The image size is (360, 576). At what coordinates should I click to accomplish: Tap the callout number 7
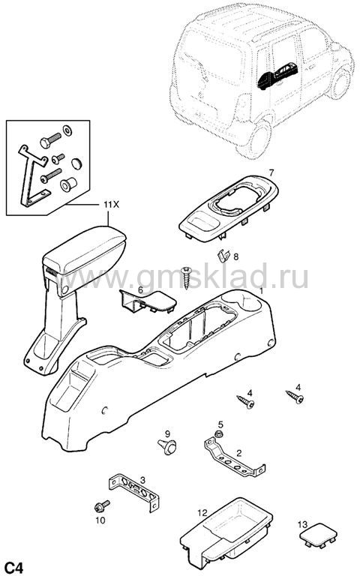pos(271,172)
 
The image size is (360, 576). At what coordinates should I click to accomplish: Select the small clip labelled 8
pos(223,255)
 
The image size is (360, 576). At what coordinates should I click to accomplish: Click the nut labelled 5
pos(217,434)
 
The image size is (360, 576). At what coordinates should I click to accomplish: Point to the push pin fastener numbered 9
pos(167,446)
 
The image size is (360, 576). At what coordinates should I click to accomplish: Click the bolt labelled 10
pos(101,506)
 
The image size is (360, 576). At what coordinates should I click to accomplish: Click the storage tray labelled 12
pos(226,532)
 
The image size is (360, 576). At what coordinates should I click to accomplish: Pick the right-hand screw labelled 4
pos(295,397)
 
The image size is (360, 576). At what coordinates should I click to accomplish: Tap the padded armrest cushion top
pos(85,249)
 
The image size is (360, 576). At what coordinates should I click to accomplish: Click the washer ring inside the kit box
pos(67,130)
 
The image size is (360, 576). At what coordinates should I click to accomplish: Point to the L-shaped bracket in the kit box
pos(33,176)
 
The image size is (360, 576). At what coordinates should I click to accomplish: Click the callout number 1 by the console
pos(262,291)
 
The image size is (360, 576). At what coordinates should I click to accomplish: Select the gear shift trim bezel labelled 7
pos(229,208)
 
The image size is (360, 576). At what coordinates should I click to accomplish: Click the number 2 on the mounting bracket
pos(239,453)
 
